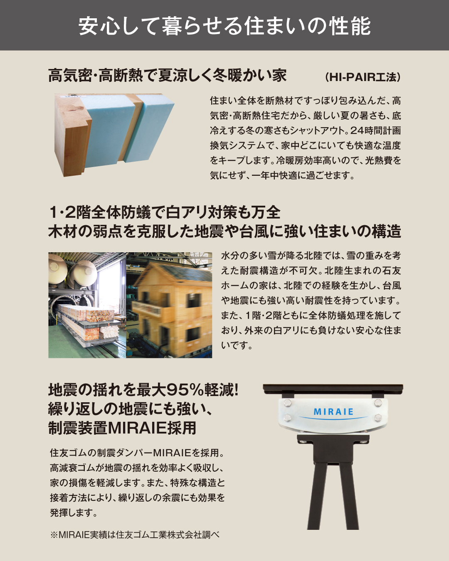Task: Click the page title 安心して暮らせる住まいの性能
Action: tap(224, 26)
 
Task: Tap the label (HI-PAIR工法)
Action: tap(363, 77)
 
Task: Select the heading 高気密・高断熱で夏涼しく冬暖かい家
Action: tap(168, 76)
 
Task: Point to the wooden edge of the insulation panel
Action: tap(73, 137)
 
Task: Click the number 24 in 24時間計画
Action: tap(357, 130)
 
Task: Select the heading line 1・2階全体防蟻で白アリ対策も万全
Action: tap(165, 212)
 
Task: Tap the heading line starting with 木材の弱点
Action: tap(224, 231)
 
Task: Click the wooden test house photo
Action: tap(169, 305)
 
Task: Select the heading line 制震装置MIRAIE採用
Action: tap(122, 428)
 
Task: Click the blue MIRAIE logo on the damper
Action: tap(333, 412)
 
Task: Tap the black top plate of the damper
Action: tap(333, 389)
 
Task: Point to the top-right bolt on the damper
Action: tap(377, 403)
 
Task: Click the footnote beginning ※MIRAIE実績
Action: tap(135, 535)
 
